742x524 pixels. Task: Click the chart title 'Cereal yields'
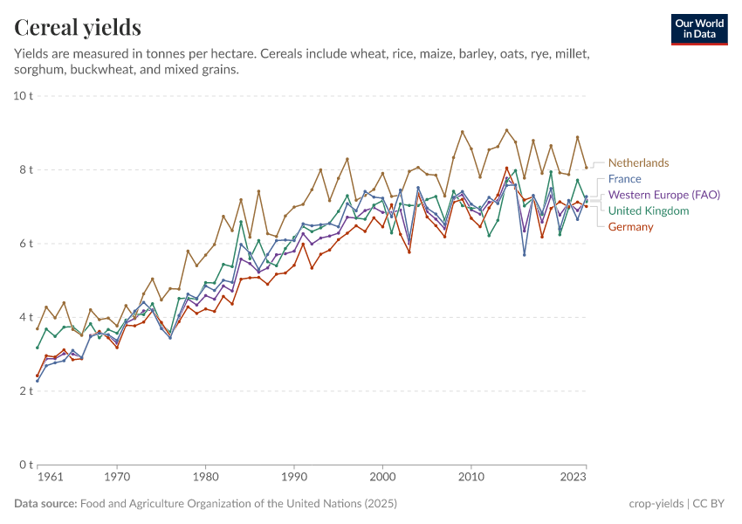tap(78, 28)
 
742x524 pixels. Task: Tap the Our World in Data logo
tap(699, 29)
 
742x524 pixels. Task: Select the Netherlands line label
tap(638, 162)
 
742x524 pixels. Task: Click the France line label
tap(625, 179)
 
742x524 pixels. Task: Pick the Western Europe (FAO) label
tap(663, 195)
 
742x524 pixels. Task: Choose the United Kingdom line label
tap(649, 210)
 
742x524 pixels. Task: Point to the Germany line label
tap(630, 227)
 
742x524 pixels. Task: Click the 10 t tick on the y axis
tap(24, 95)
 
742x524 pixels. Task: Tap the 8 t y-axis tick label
tap(24, 169)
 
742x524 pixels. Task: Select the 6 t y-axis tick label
tap(24, 243)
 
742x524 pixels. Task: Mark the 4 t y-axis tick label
tap(24, 317)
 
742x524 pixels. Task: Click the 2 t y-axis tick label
tap(24, 391)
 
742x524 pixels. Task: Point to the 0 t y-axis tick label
tap(24, 465)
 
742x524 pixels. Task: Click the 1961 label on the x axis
tap(50, 478)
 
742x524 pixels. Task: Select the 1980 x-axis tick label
tap(205, 478)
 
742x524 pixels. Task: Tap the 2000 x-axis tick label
tap(382, 478)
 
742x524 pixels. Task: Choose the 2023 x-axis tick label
tap(574, 478)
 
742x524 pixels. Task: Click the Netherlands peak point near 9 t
tap(506, 130)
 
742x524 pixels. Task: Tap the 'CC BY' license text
tap(713, 504)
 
